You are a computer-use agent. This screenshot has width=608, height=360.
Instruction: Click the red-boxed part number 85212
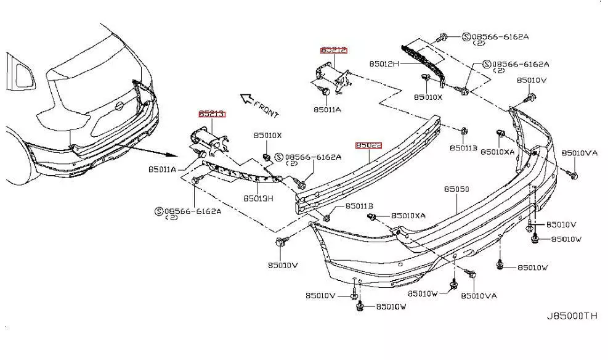pos(333,50)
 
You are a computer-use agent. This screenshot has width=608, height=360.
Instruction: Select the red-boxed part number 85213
pos(212,114)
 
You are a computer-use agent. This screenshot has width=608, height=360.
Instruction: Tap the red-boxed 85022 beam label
pos(368,145)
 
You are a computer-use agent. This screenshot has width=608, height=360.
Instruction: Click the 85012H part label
pos(384,63)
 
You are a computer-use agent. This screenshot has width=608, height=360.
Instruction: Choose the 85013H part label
pos(259,198)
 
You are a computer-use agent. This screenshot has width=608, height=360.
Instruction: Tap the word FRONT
pos(267,110)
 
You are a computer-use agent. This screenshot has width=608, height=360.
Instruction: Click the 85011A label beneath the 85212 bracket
pos(327,110)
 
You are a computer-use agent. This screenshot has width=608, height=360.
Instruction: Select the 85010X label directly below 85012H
pos(428,97)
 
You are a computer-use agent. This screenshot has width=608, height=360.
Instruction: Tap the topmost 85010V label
pos(532,80)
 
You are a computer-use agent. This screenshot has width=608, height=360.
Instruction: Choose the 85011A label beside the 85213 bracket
pos(161,168)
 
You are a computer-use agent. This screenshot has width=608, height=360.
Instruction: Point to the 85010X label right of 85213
pos(267,136)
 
